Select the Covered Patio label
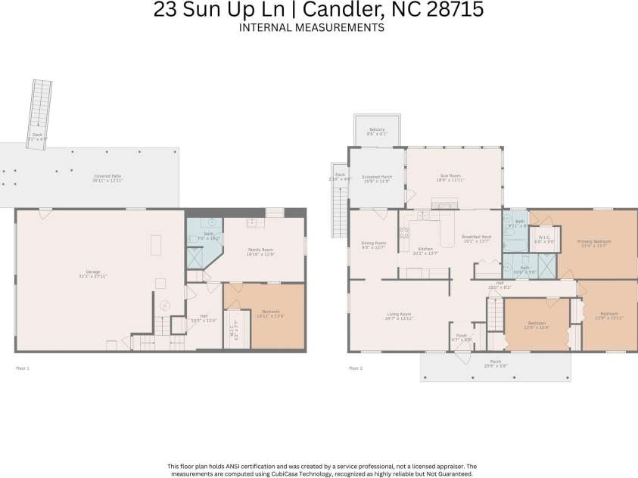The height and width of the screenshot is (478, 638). point(107,177)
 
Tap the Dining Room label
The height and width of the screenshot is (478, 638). point(374,244)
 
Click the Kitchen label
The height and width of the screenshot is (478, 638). point(425,250)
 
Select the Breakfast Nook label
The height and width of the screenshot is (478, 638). point(477,237)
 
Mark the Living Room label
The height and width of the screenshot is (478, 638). point(398,315)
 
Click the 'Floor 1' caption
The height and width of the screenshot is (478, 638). point(23,368)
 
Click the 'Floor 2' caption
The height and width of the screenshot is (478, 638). point(355,368)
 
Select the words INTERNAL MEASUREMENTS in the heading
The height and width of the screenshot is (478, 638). point(311,28)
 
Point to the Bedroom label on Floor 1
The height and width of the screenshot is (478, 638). point(270,312)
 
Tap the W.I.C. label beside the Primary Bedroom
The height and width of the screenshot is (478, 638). point(544,237)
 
